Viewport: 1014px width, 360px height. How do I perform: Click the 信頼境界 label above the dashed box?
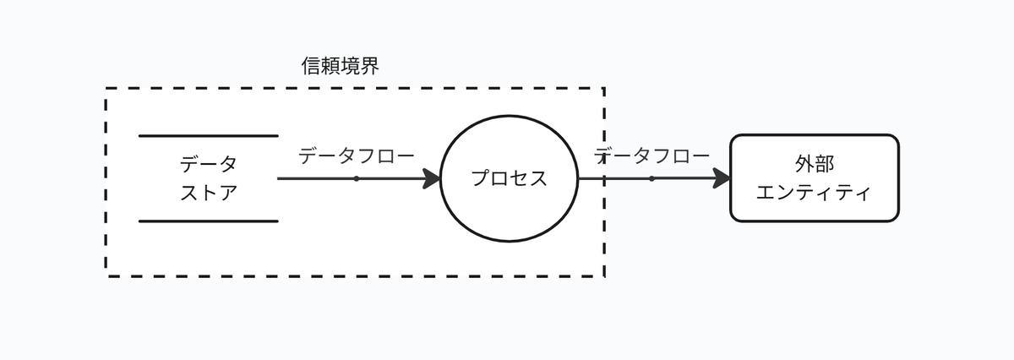coord(340,66)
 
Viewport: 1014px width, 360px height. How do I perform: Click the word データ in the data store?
coord(208,163)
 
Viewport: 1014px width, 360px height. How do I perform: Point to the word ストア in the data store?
coord(208,193)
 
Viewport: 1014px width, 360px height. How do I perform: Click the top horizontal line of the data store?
coord(208,135)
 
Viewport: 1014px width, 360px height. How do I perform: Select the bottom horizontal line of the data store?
coord(208,221)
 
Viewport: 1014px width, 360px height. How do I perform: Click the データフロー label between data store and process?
coord(357,156)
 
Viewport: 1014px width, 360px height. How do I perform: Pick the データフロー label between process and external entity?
coord(652,156)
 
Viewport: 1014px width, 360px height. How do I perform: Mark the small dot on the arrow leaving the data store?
coord(357,178)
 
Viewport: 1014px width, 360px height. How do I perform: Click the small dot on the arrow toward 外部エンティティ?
coord(651,178)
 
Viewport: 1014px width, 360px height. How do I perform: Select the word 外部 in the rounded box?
coord(814,164)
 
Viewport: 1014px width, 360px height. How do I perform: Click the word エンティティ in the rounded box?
coord(814,194)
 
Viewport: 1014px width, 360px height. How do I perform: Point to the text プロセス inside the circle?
coord(509,178)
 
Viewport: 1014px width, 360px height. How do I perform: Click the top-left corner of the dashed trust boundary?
coord(106,88)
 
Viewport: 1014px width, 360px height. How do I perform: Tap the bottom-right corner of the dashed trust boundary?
coord(604,275)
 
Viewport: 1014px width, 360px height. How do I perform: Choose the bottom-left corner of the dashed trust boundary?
coord(106,275)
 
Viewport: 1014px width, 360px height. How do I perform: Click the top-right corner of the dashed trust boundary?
coord(604,88)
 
